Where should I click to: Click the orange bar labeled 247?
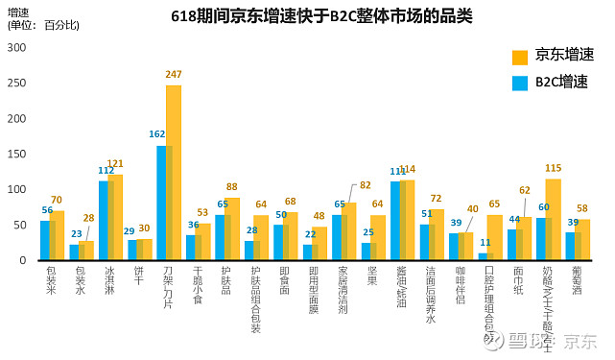coord(174,173)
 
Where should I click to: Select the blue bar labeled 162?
coord(160,203)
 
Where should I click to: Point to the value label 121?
coord(115,164)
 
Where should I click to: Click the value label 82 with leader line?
coord(365,185)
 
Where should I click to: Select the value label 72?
coord(436,199)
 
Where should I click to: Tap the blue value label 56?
coord(47,210)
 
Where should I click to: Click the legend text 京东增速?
coord(563,55)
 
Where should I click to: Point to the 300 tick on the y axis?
coord(17,48)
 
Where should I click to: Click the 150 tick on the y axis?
coord(17,154)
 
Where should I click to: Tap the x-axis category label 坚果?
coord(370,276)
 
